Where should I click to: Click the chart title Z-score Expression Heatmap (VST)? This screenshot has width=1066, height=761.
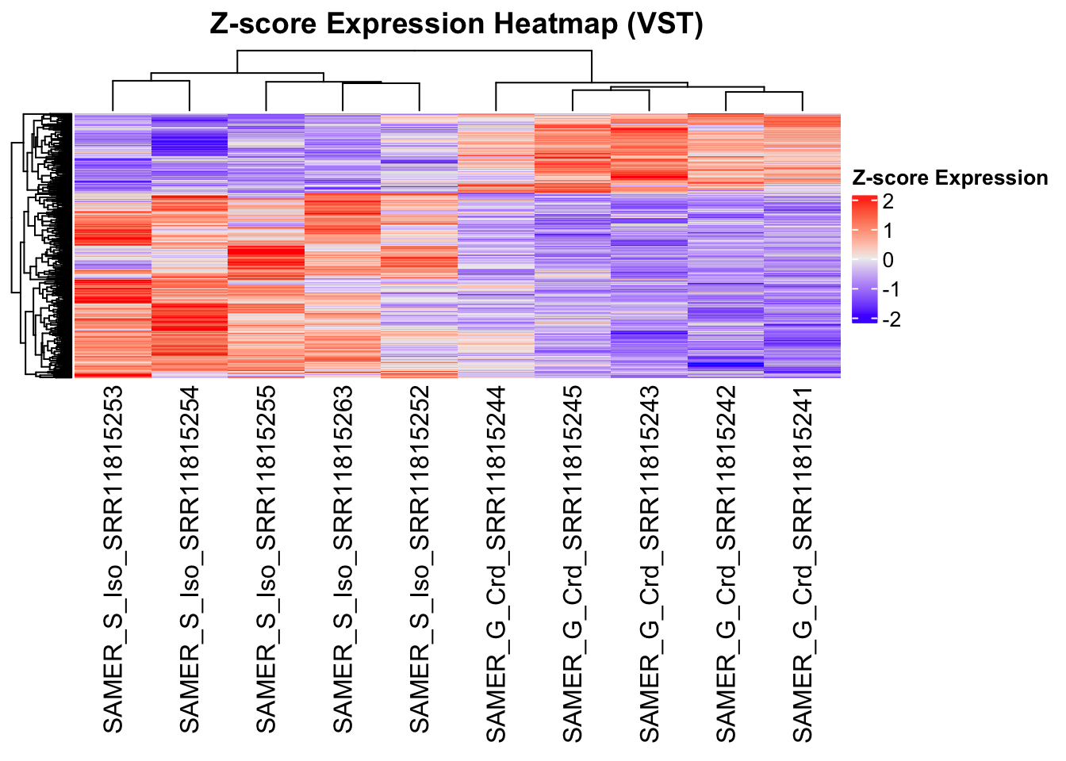point(456,24)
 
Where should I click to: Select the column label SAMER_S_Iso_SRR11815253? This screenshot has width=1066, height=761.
point(113,560)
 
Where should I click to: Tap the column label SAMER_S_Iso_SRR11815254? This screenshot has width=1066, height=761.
point(190,560)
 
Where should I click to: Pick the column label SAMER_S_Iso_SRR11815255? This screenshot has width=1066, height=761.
point(266,560)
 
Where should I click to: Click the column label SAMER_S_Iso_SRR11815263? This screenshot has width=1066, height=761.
point(343,560)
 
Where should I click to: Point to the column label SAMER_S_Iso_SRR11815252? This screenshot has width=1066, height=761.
point(420,560)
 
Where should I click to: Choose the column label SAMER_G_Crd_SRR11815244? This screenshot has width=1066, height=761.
point(497,564)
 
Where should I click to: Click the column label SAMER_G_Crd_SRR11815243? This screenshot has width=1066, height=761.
point(650,564)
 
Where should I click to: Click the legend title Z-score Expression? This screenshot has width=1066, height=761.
point(949,178)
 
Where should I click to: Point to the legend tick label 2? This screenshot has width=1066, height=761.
point(888,201)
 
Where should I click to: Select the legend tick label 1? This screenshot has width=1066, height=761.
point(888,231)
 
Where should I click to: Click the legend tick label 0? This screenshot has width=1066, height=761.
point(888,260)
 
